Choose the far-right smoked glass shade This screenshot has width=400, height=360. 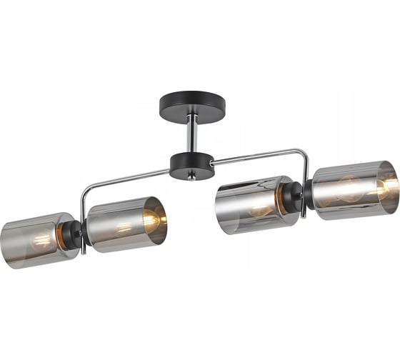(354, 189)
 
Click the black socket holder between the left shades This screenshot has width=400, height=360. (76, 232)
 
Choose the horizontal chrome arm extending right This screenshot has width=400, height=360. (257, 155)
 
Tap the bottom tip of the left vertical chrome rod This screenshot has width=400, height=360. (84, 252)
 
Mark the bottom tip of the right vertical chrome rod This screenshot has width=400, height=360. (305, 215)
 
